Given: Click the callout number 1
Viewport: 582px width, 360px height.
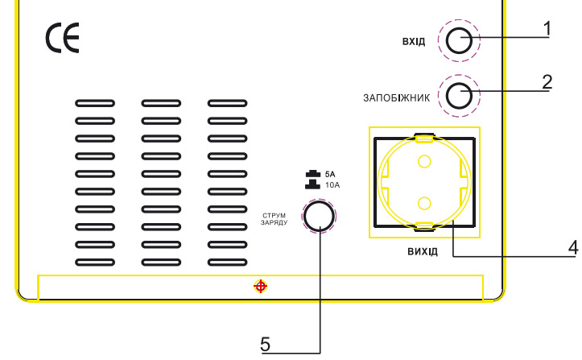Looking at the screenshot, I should (547, 28).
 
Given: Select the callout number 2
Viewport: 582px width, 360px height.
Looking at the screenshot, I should (547, 81).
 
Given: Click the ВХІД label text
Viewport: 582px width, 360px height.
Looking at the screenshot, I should (414, 41).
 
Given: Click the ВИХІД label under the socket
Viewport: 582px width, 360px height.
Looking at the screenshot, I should (423, 251).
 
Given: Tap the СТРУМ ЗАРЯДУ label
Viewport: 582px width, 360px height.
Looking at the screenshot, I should (274, 220).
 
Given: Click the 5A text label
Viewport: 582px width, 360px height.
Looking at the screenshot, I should (329, 174).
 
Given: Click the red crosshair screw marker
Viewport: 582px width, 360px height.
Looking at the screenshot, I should (260, 286).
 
